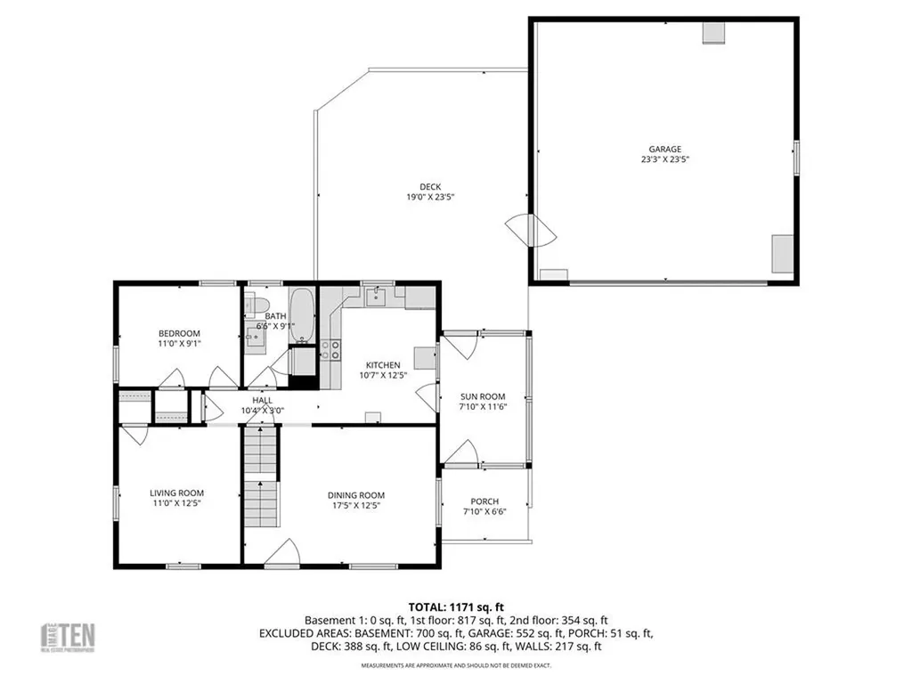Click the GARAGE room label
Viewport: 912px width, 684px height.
pos(665,150)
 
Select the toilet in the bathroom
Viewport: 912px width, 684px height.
pos(256,306)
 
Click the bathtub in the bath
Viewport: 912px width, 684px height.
pos(303,316)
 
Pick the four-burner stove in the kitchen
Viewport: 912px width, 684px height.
pos(330,349)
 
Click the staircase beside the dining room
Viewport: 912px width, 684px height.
pos(261,476)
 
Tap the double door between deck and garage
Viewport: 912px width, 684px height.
pos(530,231)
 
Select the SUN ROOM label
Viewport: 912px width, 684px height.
pos(483,396)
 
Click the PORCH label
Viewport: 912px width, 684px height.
pos(484,501)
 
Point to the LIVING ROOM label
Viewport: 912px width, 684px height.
pos(176,493)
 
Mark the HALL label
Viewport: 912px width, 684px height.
pos(263,401)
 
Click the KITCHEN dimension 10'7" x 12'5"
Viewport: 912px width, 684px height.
pos(384,376)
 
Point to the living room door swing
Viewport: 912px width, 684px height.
pos(135,434)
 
